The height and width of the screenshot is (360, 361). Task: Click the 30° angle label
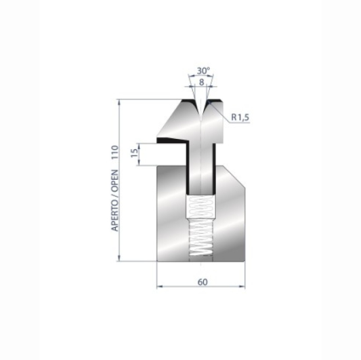[x=203, y=71]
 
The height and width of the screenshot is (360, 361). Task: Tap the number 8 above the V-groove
[x=202, y=81]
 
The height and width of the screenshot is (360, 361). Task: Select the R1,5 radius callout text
[x=240, y=117]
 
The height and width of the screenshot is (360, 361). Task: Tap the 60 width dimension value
[x=203, y=281]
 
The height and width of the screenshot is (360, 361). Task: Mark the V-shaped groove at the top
[x=202, y=108]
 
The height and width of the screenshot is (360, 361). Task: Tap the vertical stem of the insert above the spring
[x=202, y=169]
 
